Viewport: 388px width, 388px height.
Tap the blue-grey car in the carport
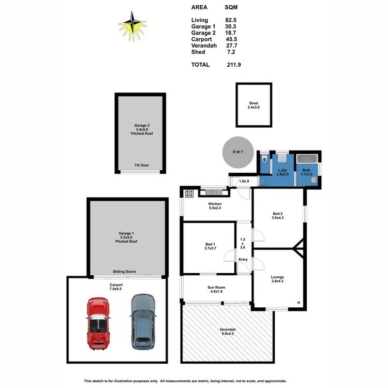pyautogui.click(x=143, y=321)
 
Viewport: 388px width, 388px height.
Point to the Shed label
pyautogui.click(x=253, y=103)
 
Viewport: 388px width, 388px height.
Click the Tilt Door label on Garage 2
pyautogui.click(x=141, y=165)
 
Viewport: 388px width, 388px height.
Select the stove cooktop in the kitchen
pyautogui.click(x=189, y=193)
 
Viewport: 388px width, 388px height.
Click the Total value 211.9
pyautogui.click(x=233, y=65)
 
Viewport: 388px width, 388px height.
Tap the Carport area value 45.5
pyautogui.click(x=231, y=39)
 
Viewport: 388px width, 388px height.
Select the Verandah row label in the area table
pyautogui.click(x=204, y=46)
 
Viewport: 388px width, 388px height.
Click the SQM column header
pyautogui.click(x=232, y=8)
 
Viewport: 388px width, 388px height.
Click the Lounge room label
pyautogui.click(x=277, y=277)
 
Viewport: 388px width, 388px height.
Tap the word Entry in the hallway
pyautogui.click(x=243, y=260)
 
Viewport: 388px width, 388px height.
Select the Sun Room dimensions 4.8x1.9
pyautogui.click(x=217, y=292)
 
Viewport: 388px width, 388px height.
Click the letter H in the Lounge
pyautogui.click(x=299, y=303)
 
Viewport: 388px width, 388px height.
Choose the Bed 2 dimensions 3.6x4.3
pyautogui.click(x=277, y=218)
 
